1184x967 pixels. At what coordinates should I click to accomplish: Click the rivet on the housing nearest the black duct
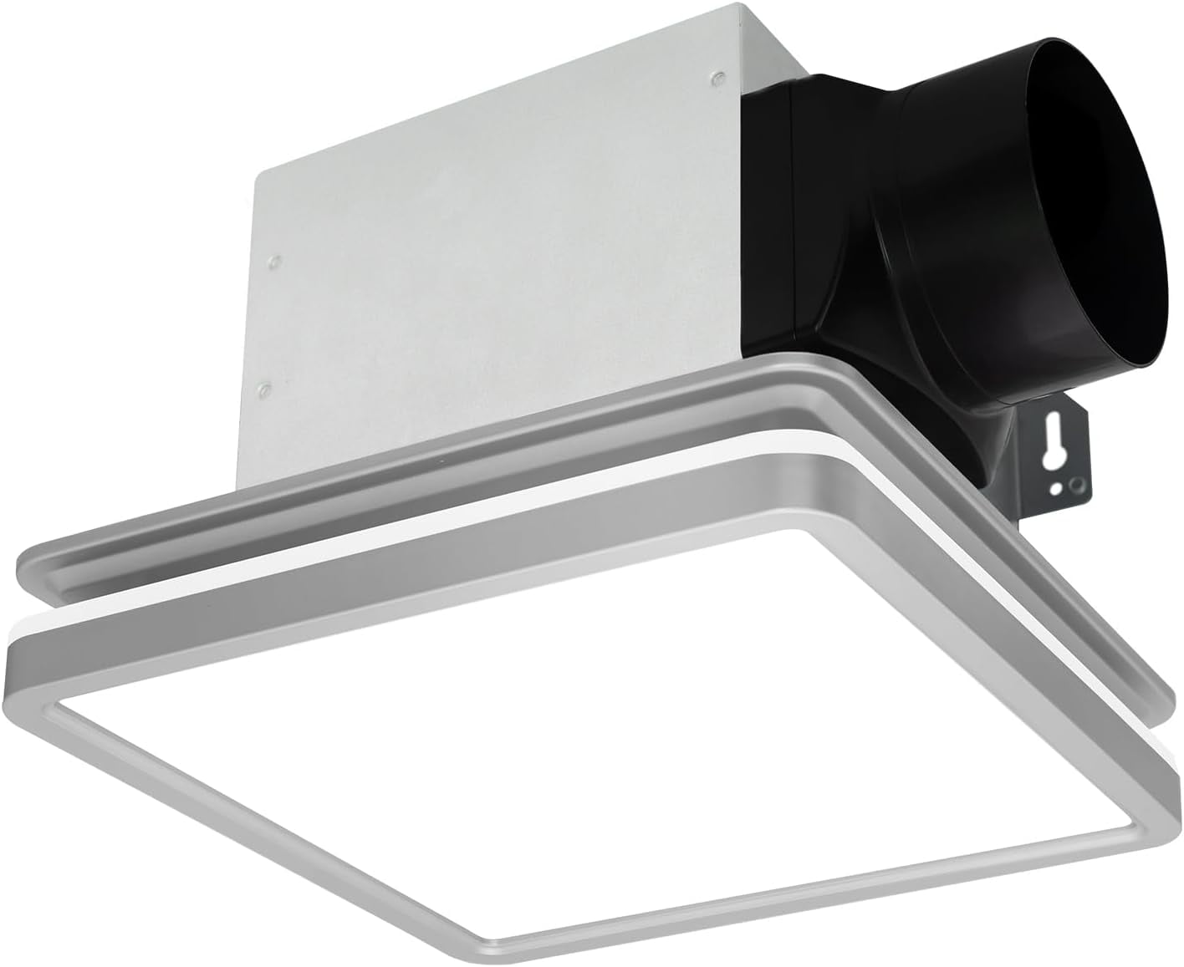[717, 79]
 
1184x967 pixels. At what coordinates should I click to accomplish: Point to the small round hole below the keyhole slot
[1058, 487]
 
